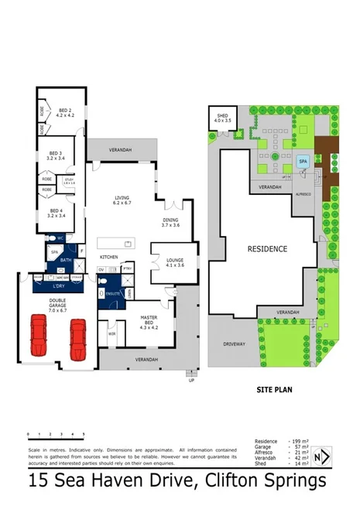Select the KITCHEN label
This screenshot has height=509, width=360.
[x=108, y=256]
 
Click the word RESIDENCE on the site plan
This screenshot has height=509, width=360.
[x=267, y=249]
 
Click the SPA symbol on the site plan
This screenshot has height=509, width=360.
[x=303, y=162]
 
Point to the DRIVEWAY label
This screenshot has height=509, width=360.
[x=234, y=343]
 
